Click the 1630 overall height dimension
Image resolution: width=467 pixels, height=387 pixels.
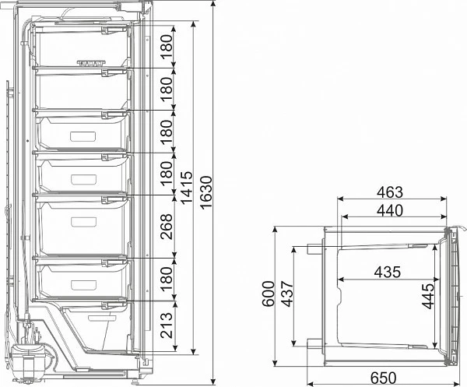tap(206, 192)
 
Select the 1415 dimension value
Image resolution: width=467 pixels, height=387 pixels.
tap(188, 188)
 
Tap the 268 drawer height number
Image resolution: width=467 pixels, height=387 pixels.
tap(167, 226)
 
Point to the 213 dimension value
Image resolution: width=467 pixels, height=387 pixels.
tap(167, 325)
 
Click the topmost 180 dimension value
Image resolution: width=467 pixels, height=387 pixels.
tap(167, 47)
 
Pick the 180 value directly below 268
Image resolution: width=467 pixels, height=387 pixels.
tap(167, 279)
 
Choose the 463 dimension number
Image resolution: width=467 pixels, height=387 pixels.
tap(390, 192)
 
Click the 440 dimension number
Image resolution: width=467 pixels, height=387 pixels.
tap(390, 210)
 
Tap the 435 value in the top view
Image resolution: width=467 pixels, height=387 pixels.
tap(388, 272)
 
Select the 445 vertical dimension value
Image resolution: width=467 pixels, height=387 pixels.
tap(427, 296)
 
